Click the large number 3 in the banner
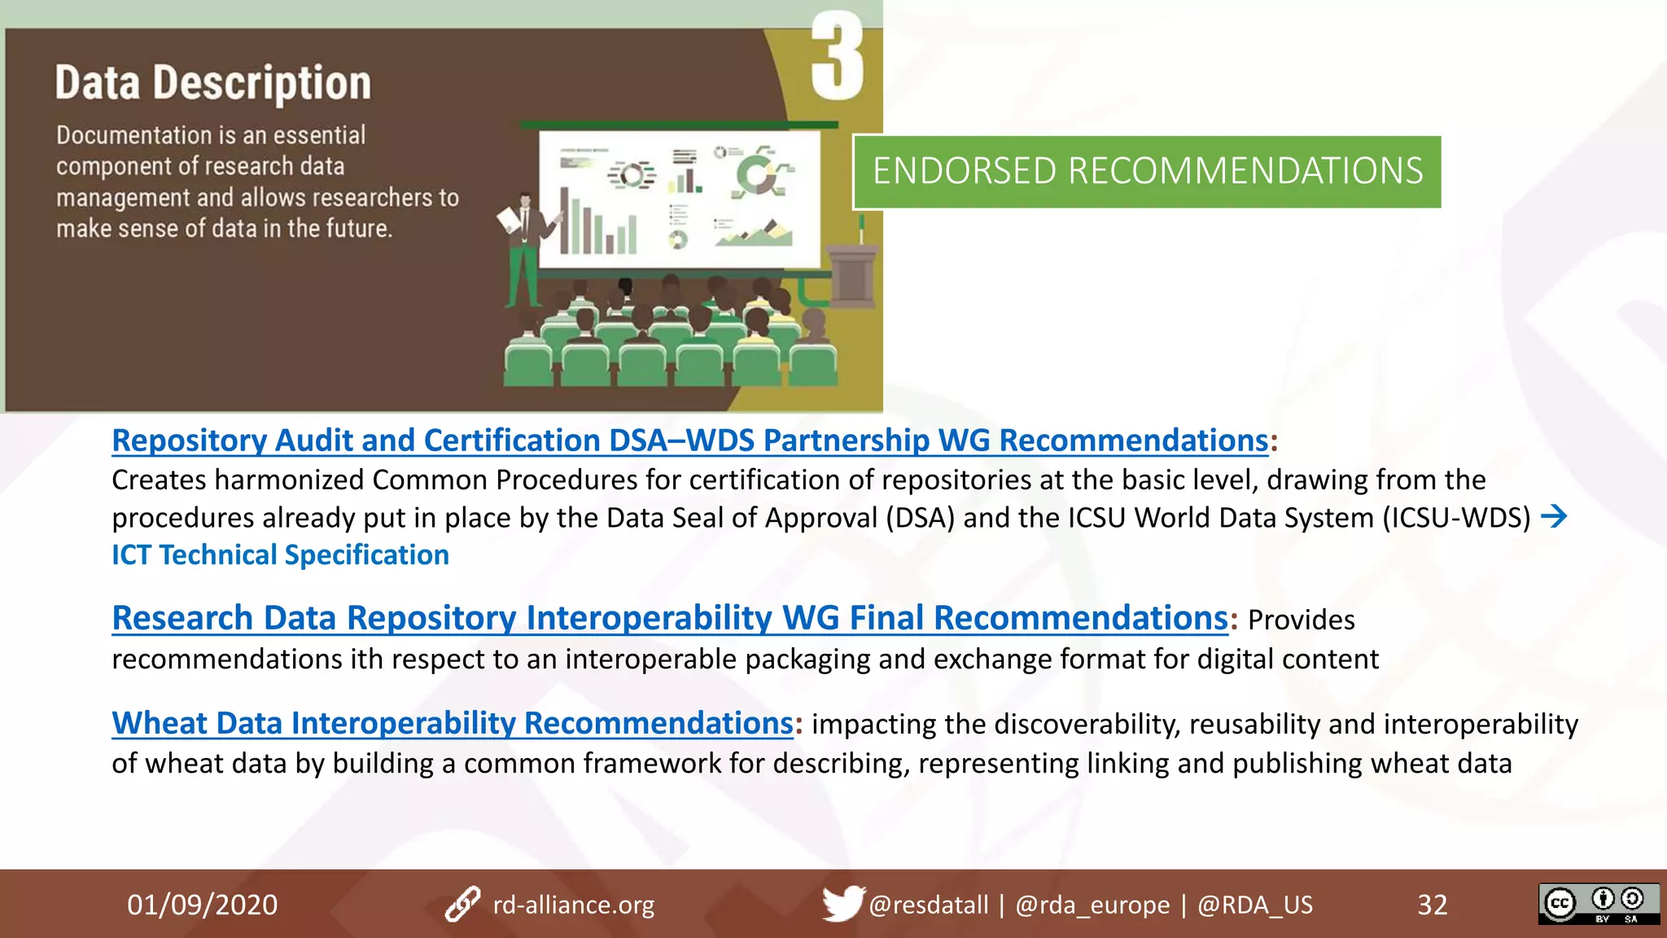click(x=837, y=57)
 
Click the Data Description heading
click(x=213, y=83)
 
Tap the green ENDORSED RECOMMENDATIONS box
click(x=1147, y=172)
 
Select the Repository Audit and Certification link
click(x=689, y=441)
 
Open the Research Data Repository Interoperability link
click(x=669, y=618)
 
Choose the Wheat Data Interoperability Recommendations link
click(x=452, y=723)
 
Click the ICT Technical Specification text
click(x=280, y=555)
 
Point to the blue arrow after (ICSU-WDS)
click(x=1554, y=516)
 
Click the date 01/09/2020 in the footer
click(x=202, y=905)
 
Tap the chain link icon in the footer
click(x=462, y=904)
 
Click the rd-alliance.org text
click(x=573, y=905)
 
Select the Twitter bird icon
click(x=842, y=903)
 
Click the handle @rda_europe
click(x=1092, y=905)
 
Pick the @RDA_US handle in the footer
click(x=1254, y=905)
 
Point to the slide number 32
click(x=1432, y=905)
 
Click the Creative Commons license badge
click(x=1598, y=904)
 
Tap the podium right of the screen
click(x=852, y=273)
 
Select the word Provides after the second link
click(x=1301, y=620)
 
